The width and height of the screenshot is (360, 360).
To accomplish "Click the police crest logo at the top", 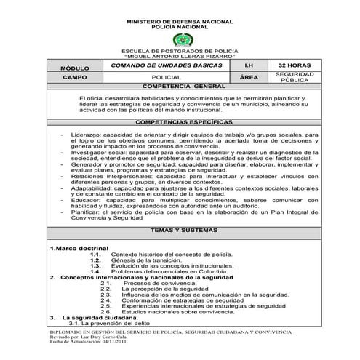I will click(x=179, y=41).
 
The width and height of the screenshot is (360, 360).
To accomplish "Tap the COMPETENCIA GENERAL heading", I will click(x=180, y=86).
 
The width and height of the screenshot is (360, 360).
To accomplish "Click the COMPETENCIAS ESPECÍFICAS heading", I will click(x=180, y=123).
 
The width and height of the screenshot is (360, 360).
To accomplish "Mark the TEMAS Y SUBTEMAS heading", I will click(x=180, y=230).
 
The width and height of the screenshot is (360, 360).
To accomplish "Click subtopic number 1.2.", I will click(x=95, y=260).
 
